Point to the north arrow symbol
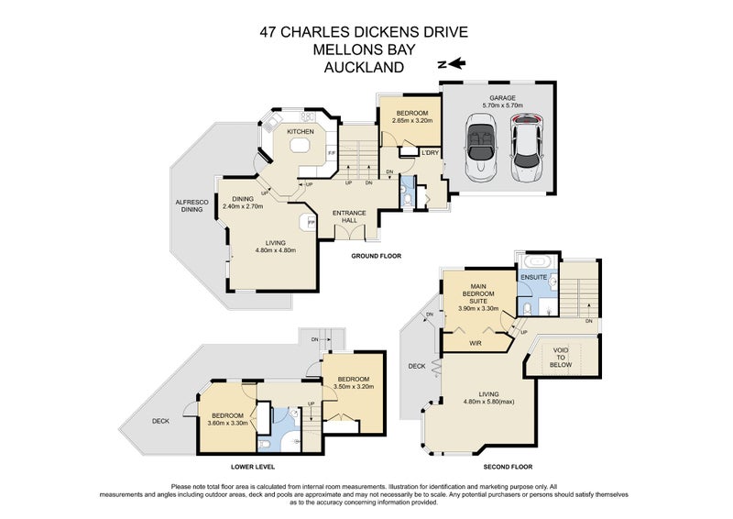(452, 64)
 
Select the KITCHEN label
(301, 132)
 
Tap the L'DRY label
(429, 152)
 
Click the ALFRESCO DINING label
(191, 206)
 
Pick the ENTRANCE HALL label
(349, 216)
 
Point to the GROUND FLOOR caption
(376, 256)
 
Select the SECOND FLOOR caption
(508, 466)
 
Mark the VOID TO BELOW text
(560, 358)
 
